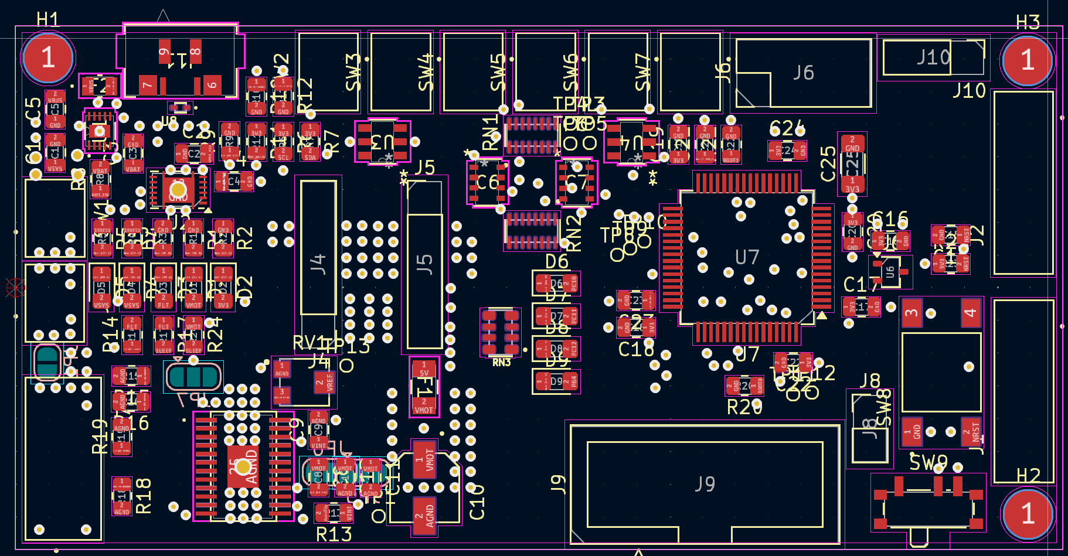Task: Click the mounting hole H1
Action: pyautogui.click(x=48, y=58)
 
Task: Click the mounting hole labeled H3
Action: pyautogui.click(x=1027, y=60)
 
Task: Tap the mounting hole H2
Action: pyautogui.click(x=1027, y=514)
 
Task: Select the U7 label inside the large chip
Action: pyautogui.click(x=747, y=257)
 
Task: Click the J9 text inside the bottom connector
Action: pyautogui.click(x=705, y=484)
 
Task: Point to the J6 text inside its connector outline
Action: pyautogui.click(x=803, y=73)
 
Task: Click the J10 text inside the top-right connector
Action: pyautogui.click(x=933, y=57)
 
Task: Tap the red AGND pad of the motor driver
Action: pyautogui.click(x=243, y=466)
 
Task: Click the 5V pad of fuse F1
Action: pyautogui.click(x=424, y=369)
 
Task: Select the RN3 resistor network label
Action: pyautogui.click(x=501, y=363)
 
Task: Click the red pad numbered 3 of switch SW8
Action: pyautogui.click(x=911, y=312)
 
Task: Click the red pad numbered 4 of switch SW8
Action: pyautogui.click(x=971, y=312)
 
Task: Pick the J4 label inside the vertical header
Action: pyautogui.click(x=318, y=264)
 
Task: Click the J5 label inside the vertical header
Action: pyautogui.click(x=424, y=264)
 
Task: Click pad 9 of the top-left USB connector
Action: pyautogui.click(x=164, y=52)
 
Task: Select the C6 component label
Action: pyautogui.click(x=487, y=183)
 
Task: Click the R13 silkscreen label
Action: pyautogui.click(x=334, y=534)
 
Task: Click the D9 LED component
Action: pyautogui.click(x=556, y=382)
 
